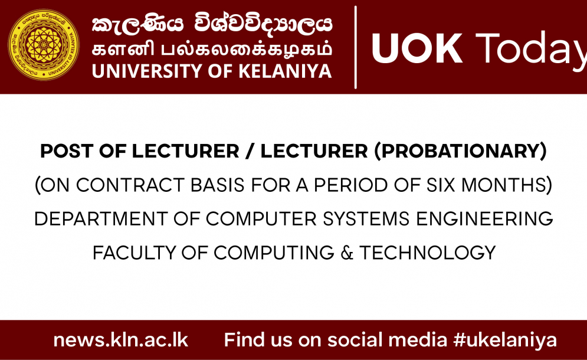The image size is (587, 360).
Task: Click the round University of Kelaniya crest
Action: [x=44, y=45]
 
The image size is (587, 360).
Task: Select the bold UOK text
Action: [x=417, y=49]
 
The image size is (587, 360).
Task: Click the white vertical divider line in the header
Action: [x=355, y=47]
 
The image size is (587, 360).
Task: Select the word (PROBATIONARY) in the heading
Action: [x=461, y=151]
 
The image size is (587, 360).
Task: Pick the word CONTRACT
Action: [x=130, y=185]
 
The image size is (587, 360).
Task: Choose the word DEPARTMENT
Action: [x=101, y=219]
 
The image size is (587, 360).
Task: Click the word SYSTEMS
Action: [x=366, y=219]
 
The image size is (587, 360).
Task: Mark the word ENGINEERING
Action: [x=485, y=219]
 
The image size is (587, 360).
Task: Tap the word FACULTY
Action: [x=134, y=253]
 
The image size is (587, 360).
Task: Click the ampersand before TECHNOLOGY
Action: [x=347, y=253]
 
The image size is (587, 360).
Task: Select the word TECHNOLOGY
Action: [x=428, y=253]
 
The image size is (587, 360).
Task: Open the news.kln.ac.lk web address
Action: [x=120, y=340]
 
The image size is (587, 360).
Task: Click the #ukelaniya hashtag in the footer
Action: [x=505, y=341]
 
